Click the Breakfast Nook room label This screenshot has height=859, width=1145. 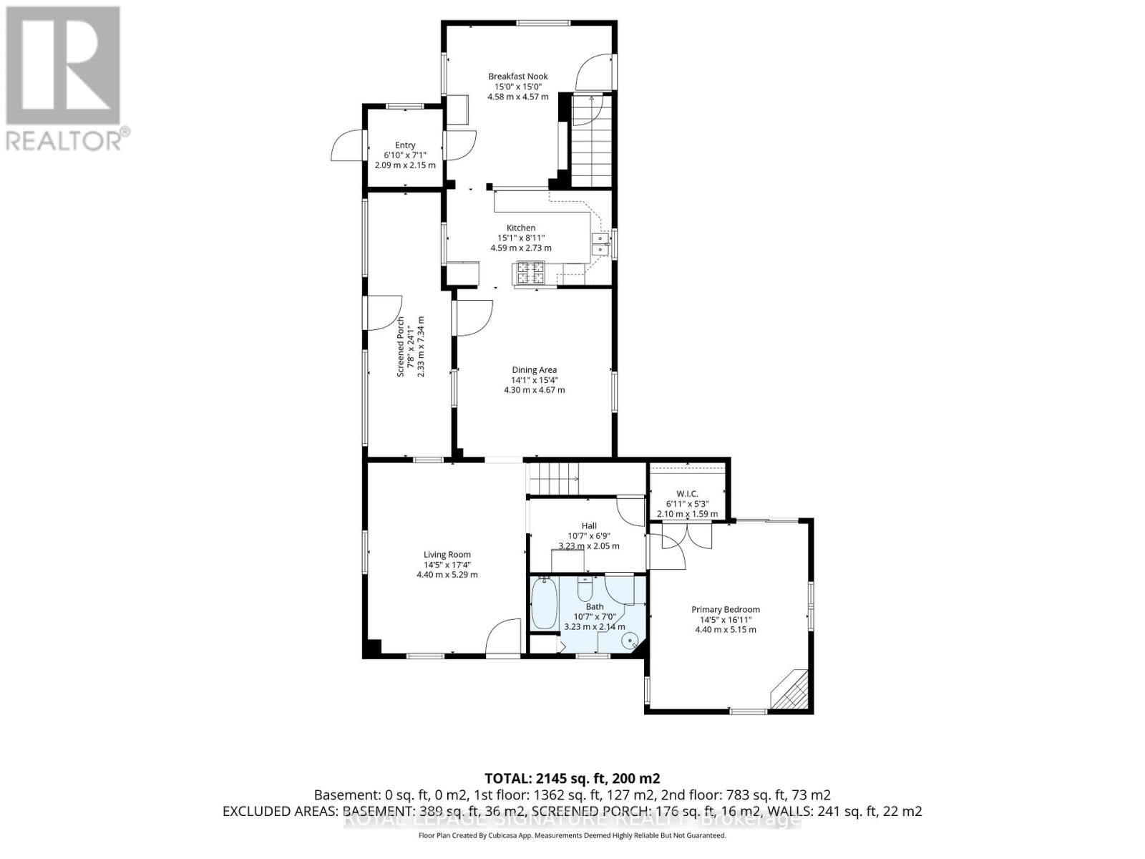tap(518, 76)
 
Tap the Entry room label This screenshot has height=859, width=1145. tap(405, 145)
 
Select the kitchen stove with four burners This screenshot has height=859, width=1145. tap(529, 272)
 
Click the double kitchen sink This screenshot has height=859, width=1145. tap(599, 244)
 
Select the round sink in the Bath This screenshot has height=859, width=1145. tap(630, 641)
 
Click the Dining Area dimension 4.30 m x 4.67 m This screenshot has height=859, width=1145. tap(534, 390)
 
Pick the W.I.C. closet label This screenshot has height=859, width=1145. tap(687, 494)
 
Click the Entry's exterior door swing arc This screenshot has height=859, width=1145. tap(346, 146)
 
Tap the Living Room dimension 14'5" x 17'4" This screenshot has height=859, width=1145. tap(447, 564)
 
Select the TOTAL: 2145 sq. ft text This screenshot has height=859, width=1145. tap(572, 778)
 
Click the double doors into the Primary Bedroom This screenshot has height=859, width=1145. tap(686, 537)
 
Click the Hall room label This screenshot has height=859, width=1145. tap(589, 525)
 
